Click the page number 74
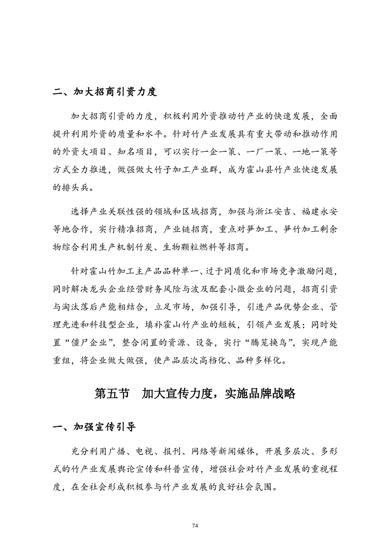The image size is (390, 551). pyautogui.click(x=195, y=525)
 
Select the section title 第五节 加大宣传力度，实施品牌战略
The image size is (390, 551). pyautogui.click(x=195, y=393)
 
